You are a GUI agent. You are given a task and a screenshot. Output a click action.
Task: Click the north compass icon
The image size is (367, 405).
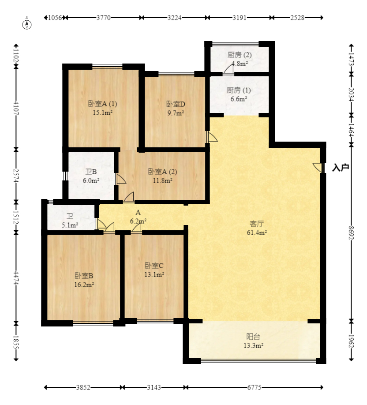[x=27, y=23]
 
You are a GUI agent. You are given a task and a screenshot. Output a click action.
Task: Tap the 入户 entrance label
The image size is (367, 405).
[x=341, y=168]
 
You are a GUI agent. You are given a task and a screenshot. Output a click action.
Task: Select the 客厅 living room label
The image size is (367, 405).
[x=257, y=223]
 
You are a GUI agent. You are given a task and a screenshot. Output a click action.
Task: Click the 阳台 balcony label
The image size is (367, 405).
[x=253, y=337]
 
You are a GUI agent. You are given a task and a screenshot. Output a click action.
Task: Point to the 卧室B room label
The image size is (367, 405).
[x=84, y=276]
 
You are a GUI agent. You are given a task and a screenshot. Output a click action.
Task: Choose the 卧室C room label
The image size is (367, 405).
[x=154, y=266]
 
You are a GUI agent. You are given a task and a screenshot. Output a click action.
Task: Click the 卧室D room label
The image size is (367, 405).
[x=176, y=104]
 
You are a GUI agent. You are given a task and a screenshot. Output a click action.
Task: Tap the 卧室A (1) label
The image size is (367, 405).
[x=103, y=104]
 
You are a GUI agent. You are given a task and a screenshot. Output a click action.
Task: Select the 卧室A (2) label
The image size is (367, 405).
[x=162, y=172]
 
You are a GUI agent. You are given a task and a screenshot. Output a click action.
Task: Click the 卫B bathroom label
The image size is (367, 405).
[x=91, y=172]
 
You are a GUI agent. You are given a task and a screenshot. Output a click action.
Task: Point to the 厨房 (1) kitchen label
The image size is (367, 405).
[x=239, y=90]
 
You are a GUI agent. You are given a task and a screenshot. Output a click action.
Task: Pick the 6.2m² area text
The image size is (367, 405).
[x=138, y=221]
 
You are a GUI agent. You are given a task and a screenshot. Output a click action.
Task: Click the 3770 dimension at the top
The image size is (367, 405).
[x=103, y=18]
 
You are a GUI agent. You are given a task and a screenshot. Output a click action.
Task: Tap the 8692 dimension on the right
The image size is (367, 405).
[x=351, y=232]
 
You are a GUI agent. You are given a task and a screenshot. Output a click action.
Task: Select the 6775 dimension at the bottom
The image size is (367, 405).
[x=254, y=387]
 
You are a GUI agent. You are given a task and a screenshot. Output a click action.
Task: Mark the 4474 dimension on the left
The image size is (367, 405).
[x=16, y=277]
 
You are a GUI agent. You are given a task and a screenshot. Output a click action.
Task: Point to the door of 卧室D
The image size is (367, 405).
[x=212, y=137]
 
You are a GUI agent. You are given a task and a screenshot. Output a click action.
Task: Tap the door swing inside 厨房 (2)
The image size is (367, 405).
[x=229, y=69]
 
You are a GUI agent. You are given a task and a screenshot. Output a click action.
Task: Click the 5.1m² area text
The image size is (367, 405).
[x=70, y=225]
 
